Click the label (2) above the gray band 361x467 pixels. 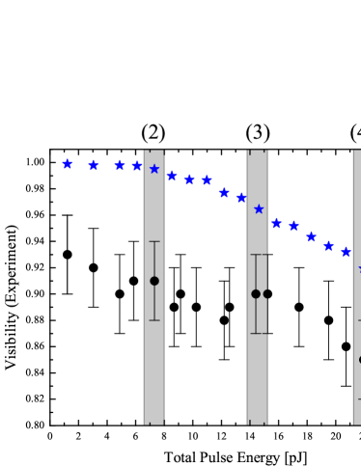153,133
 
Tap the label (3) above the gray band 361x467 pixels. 258,133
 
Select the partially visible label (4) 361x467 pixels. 355,133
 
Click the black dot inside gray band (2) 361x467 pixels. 154,281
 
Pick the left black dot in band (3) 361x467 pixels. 256,293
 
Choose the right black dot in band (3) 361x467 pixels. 265,293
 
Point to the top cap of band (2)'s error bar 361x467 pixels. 154,241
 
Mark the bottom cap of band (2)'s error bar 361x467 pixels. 154,319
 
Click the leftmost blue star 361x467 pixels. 67,164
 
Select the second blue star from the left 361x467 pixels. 94,166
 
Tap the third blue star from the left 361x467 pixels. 120,166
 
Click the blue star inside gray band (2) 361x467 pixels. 154,169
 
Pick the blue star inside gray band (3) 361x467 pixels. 259,208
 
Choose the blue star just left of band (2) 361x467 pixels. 136,166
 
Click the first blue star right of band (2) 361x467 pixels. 172,176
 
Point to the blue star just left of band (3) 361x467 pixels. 241,198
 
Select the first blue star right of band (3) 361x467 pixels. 276,224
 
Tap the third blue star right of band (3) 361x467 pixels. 311,236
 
